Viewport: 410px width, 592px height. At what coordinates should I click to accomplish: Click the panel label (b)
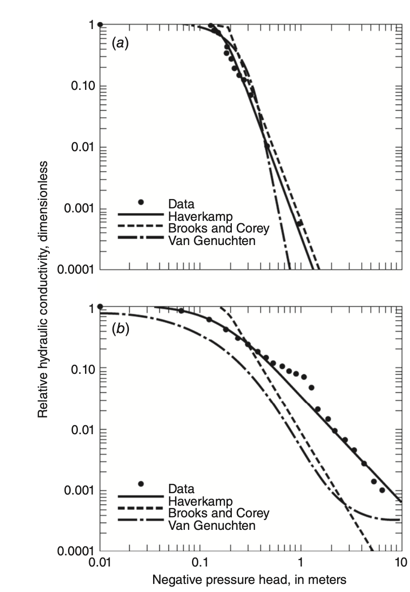click(120, 329)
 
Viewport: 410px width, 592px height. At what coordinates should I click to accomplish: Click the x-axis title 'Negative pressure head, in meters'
click(249, 580)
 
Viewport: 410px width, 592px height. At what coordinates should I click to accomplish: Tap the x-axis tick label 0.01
click(100, 562)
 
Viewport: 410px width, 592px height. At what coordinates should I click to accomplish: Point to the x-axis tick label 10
click(401, 562)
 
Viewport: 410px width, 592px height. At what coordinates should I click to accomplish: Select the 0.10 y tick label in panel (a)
click(83, 86)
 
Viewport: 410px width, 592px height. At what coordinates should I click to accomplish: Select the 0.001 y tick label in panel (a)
click(80, 208)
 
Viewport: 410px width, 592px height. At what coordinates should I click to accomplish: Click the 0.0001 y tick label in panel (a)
click(77, 270)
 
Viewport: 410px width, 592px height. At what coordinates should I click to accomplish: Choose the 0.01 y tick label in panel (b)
click(83, 430)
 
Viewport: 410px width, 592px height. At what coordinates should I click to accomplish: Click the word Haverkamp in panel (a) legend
click(200, 217)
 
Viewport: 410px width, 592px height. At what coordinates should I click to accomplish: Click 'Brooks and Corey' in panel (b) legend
click(218, 512)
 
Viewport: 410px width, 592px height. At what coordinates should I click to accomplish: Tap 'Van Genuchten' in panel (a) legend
click(212, 241)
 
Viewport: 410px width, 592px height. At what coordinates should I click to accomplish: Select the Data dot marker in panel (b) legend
click(141, 484)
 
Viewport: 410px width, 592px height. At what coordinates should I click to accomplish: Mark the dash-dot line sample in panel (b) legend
click(141, 520)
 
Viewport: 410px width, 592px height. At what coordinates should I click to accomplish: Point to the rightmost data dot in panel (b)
click(382, 490)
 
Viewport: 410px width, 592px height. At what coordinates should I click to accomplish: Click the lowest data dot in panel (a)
click(299, 223)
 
